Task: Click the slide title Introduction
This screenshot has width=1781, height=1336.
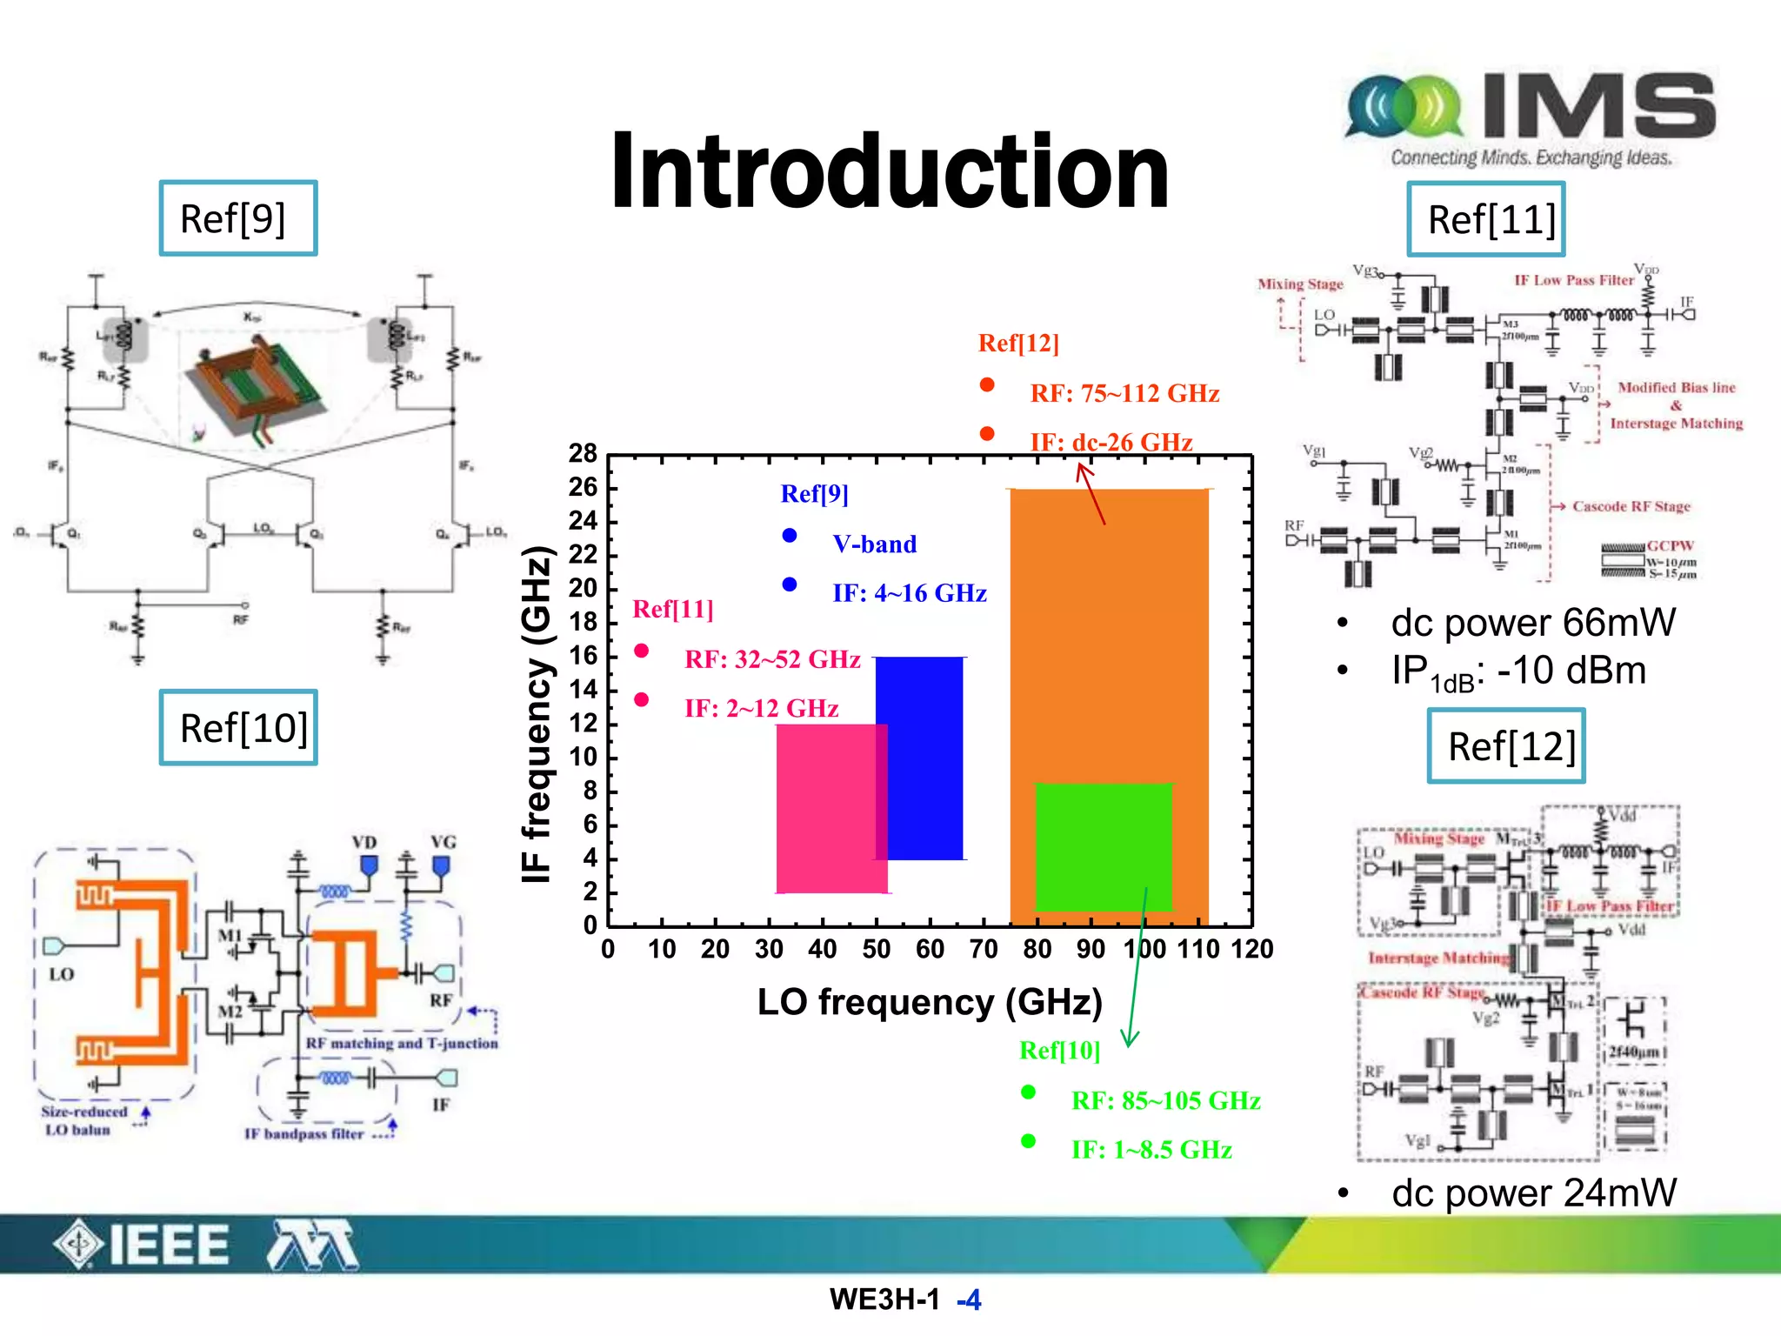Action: click(x=889, y=171)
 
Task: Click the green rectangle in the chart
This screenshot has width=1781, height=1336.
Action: click(x=1103, y=846)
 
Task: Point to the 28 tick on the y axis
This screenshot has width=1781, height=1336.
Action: click(x=583, y=453)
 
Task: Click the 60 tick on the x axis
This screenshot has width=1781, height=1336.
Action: click(x=930, y=949)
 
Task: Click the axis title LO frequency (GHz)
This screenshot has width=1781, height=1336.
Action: click(x=929, y=1002)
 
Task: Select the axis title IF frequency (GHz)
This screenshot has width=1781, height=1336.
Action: click(x=537, y=713)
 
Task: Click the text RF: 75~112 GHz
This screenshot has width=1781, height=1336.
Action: click(x=1124, y=393)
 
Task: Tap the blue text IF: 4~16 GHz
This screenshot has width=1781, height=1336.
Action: click(x=909, y=593)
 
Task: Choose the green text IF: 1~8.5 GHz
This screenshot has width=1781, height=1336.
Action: click(x=1151, y=1150)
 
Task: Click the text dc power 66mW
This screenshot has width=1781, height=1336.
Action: click(x=1532, y=623)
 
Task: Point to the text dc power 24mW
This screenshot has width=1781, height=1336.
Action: click(x=1533, y=1192)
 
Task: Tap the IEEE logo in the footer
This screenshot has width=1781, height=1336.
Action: click(x=143, y=1245)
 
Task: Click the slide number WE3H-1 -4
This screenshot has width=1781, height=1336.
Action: click(x=904, y=1299)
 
